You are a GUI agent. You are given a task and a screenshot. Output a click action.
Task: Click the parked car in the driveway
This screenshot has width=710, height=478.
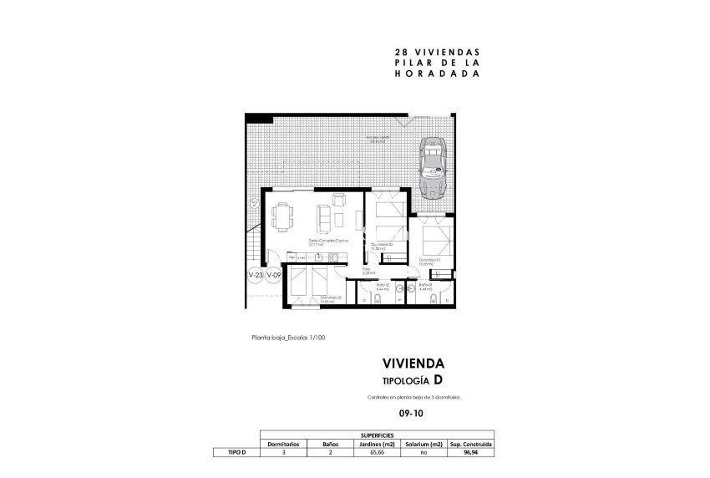click(x=434, y=167)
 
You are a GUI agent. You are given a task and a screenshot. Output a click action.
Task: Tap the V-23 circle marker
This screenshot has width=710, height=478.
click(x=255, y=275)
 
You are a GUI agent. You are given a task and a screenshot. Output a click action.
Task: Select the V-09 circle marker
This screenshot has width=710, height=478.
click(x=273, y=275)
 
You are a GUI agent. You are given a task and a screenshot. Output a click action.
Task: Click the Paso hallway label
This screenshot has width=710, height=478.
click(x=368, y=271)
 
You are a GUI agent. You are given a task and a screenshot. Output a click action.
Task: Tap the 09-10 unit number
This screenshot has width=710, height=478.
click(x=410, y=412)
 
